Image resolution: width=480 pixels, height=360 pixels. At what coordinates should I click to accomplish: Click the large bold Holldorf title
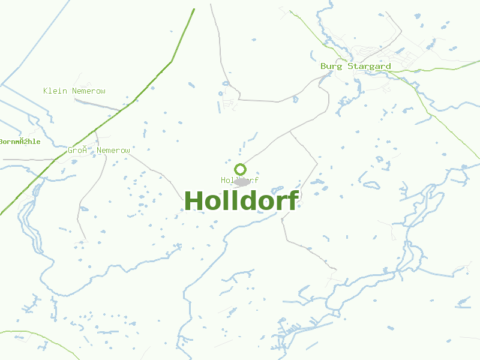click(x=241, y=201)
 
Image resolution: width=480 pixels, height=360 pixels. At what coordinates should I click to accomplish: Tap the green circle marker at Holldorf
click(x=240, y=169)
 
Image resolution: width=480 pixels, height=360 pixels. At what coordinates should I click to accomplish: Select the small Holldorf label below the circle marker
click(x=239, y=180)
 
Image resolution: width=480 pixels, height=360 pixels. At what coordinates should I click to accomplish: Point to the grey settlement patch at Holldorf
click(x=242, y=182)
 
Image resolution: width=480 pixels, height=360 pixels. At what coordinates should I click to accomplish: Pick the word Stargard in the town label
click(x=369, y=66)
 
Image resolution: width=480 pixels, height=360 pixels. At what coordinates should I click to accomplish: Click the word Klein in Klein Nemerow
click(x=55, y=91)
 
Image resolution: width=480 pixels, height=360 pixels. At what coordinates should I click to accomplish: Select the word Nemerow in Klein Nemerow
click(x=89, y=91)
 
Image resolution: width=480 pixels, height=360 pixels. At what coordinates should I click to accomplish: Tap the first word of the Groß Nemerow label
click(x=77, y=151)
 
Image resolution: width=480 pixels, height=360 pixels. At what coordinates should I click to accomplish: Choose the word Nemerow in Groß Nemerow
click(x=113, y=151)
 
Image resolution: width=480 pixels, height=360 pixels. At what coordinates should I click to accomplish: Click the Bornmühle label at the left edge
click(x=20, y=142)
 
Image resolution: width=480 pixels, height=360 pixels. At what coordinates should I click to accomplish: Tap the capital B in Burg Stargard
click(x=323, y=66)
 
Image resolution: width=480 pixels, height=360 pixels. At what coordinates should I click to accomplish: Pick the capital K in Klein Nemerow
click(x=46, y=91)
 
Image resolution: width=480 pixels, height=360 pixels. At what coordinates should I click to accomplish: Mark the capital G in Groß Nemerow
click(x=70, y=151)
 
